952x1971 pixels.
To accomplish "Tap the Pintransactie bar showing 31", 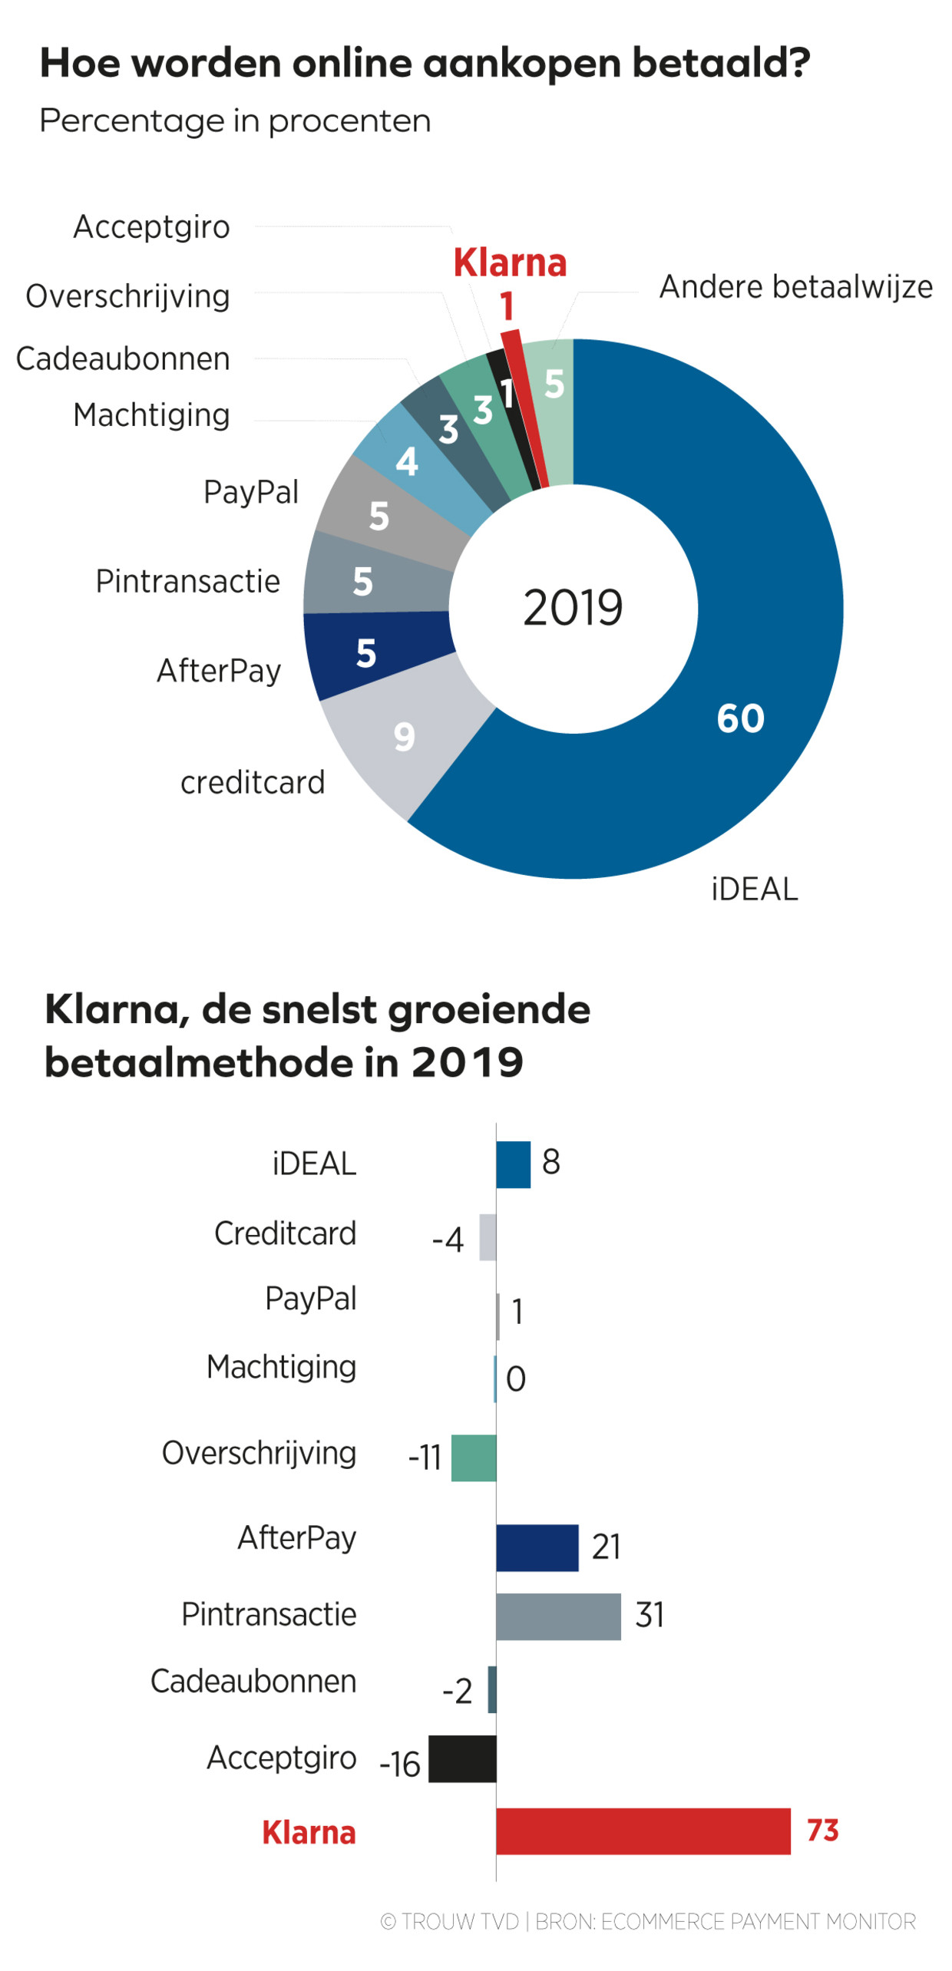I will tap(557, 1616).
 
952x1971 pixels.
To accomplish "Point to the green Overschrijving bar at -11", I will tap(473, 1457).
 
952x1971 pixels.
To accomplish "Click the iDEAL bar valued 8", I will tap(513, 1164).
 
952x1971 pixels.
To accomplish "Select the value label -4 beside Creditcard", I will tap(448, 1240).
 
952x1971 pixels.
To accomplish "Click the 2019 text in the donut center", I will tap(572, 608).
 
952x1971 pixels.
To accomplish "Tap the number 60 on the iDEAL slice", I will tap(740, 718).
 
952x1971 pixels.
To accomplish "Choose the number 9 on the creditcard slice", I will tap(404, 737).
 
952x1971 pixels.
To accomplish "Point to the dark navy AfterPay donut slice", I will tap(369, 654).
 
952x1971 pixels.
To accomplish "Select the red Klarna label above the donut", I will tap(510, 263).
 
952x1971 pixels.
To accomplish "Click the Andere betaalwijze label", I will tap(795, 287).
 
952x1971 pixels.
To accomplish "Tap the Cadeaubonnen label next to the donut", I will tap(123, 358).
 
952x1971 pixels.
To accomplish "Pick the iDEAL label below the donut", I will tap(754, 889).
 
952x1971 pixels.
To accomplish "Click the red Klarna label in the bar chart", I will tap(309, 1832).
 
